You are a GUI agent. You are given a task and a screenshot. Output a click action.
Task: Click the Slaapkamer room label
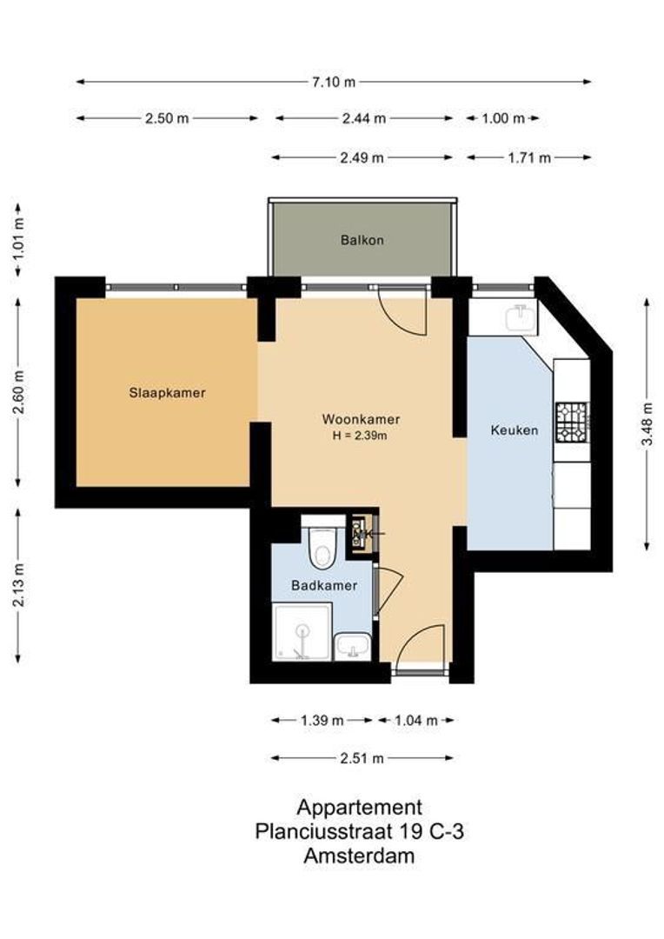(167, 393)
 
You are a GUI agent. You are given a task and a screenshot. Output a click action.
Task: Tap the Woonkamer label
(359, 419)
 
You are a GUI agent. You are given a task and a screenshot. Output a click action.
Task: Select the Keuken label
(514, 430)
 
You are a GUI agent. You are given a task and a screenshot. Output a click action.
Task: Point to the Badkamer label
(323, 586)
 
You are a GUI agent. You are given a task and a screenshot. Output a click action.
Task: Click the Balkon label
(362, 240)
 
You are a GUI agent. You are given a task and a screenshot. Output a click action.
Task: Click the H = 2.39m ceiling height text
(359, 436)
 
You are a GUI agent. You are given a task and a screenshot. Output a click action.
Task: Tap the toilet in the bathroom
(321, 545)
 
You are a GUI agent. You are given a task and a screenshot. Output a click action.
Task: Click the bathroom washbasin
(354, 646)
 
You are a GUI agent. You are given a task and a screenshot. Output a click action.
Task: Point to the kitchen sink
(521, 317)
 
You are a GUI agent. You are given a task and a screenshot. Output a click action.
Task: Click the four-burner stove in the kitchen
(573, 422)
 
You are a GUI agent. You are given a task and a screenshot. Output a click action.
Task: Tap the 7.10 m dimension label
(334, 83)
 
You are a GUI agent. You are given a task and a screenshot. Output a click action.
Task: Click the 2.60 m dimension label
(19, 392)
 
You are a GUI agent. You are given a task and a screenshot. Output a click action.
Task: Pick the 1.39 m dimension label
(322, 720)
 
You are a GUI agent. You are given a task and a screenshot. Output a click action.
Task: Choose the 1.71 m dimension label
(529, 158)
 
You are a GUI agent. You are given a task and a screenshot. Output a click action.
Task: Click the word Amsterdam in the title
(359, 856)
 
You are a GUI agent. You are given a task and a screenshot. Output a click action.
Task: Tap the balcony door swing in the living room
(404, 311)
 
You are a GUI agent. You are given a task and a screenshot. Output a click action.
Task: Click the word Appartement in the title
(359, 808)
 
